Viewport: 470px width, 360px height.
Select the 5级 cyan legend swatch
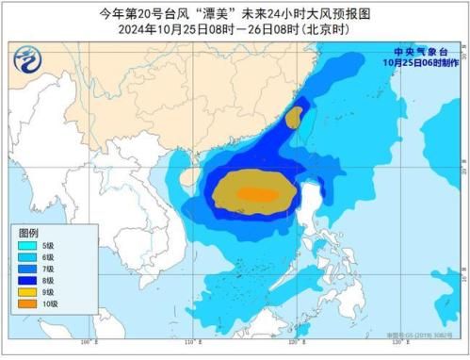25,245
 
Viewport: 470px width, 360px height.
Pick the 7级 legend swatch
25,269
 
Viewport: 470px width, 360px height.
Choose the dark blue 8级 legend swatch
25,281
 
